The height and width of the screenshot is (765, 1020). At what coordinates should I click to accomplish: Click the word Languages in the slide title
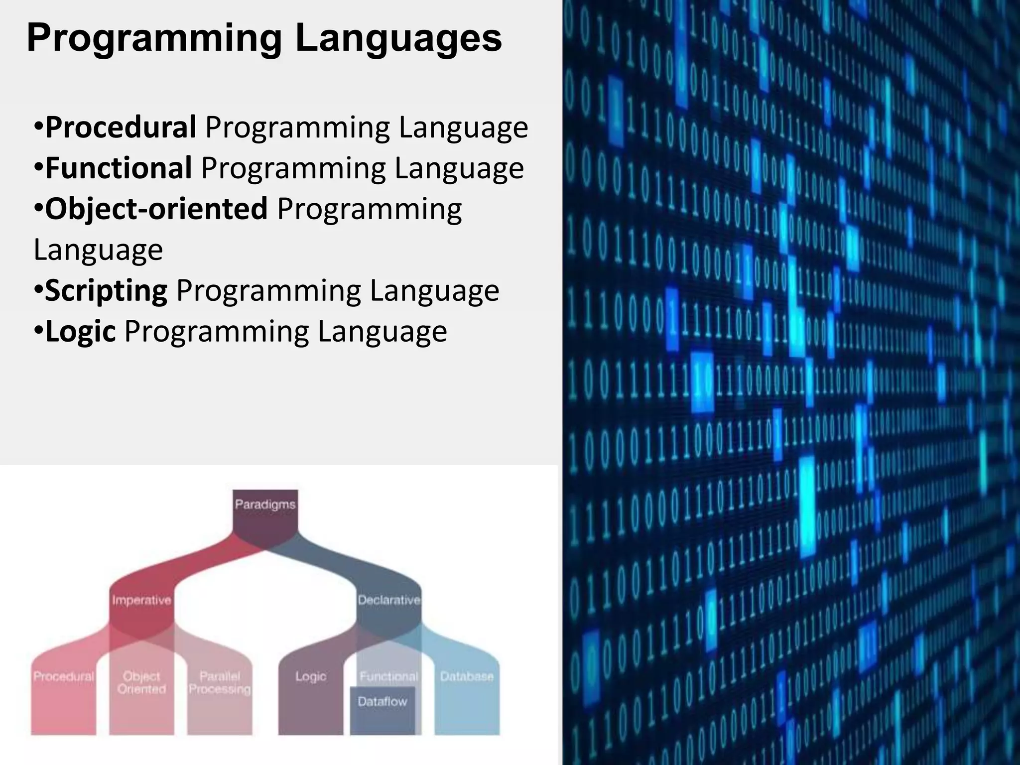click(x=398, y=39)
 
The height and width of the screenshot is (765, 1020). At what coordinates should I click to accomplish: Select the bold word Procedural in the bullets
click(x=121, y=127)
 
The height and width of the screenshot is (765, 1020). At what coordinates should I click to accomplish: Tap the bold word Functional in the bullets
click(x=119, y=168)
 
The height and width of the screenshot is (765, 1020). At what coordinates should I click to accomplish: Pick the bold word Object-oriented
click(x=156, y=209)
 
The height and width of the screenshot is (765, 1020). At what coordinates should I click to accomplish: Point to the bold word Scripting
click(x=106, y=290)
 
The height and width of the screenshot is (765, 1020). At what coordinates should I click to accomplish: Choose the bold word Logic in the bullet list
click(x=80, y=331)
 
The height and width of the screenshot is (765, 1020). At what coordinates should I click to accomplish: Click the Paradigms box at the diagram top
click(x=265, y=505)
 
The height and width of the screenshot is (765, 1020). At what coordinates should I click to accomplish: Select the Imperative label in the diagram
click(x=141, y=600)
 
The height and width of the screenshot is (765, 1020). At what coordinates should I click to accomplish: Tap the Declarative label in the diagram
click(x=389, y=600)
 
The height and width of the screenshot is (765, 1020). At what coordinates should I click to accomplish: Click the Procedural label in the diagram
click(x=64, y=676)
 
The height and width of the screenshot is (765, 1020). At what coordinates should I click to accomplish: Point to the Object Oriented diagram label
click(x=141, y=683)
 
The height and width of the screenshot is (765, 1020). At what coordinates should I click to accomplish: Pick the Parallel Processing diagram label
click(x=220, y=683)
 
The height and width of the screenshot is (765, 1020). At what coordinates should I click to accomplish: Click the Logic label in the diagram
click(x=311, y=676)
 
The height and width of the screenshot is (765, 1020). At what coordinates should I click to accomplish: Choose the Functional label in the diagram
click(x=389, y=676)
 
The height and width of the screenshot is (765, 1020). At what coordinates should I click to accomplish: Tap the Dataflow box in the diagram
click(x=382, y=702)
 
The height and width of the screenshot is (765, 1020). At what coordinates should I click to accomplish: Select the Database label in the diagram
click(x=467, y=676)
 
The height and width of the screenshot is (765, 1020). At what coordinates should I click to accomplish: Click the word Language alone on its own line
click(x=98, y=250)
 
